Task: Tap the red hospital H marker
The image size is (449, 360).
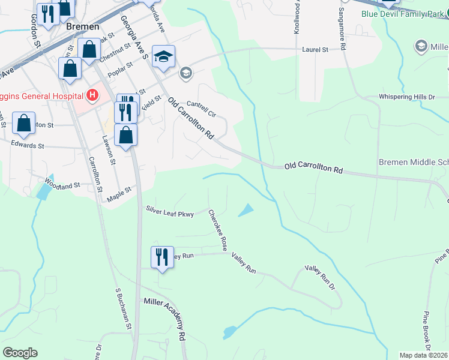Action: (92, 95)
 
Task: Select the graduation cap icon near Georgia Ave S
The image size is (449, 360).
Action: (163, 56)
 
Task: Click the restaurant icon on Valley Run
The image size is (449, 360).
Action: (161, 257)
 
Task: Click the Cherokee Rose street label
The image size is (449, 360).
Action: (220, 231)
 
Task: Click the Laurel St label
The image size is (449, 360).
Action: (316, 50)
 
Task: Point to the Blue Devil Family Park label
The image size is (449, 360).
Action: (402, 13)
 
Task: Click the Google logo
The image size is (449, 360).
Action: (20, 353)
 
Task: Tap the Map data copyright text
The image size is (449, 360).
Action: (423, 355)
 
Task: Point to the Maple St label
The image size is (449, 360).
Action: (119, 193)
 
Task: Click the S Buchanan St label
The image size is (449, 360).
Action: (124, 308)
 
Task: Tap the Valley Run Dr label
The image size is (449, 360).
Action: (323, 278)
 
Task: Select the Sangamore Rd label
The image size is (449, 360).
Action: (342, 28)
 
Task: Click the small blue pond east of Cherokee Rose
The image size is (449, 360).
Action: (246, 211)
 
